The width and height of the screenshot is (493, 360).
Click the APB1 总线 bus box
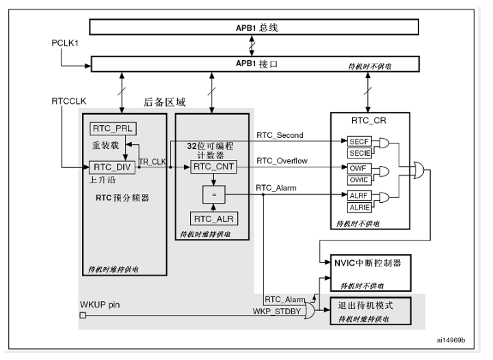[254, 27]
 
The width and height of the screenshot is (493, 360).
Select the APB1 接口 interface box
[254, 64]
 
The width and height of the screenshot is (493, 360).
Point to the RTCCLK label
[69, 101]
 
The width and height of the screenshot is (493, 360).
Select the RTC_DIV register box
[112, 166]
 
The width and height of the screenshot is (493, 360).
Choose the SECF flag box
[359, 140]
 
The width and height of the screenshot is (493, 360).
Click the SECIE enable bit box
[359, 152]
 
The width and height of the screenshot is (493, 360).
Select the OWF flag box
[359, 168]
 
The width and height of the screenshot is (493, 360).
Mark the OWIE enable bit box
[359, 180]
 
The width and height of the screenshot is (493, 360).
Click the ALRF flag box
[359, 195]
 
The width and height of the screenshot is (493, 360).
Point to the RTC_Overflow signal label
[282, 161]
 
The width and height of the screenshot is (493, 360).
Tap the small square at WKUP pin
[83, 315]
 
